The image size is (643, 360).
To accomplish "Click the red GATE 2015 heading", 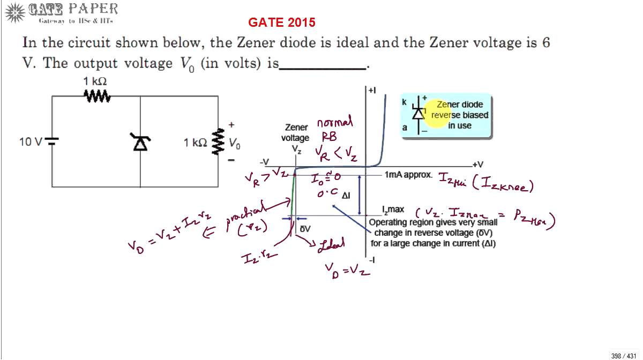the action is tap(281, 22).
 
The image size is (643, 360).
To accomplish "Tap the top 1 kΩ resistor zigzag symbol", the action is tap(97, 96).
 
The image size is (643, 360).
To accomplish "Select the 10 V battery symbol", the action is tap(52, 141).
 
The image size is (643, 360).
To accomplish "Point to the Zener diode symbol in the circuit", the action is tap(140, 142).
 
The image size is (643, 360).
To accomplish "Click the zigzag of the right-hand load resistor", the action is tap(218, 142).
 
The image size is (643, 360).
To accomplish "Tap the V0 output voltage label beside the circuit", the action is tap(235, 144).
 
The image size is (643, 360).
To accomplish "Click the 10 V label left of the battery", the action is tap(31, 142).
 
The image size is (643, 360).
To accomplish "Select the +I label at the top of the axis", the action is tap(372, 91).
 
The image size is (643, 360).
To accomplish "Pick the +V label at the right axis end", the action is tap(478, 164).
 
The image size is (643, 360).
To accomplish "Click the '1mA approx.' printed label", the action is tap(408, 175).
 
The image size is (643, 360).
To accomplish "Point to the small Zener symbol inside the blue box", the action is tap(418, 113).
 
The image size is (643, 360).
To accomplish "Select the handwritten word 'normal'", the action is tap(335, 123).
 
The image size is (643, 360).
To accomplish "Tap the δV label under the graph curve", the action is tap(305, 229).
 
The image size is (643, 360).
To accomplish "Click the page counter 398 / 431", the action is tap(623, 355).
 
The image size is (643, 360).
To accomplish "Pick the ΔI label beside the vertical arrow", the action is tap(346, 197).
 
